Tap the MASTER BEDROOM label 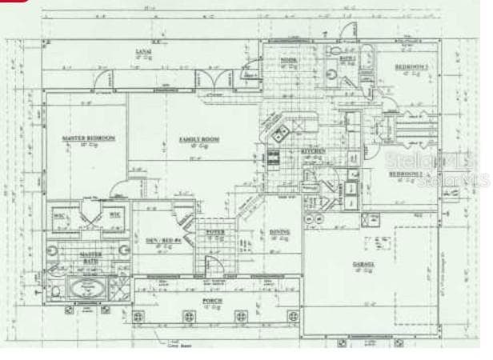pyautogui.click(x=88, y=138)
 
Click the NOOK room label pyautogui.click(x=289, y=62)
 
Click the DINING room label pyautogui.click(x=279, y=232)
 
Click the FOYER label pyautogui.click(x=215, y=232)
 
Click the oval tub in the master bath pyautogui.click(x=88, y=286)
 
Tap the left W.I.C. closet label pyautogui.click(x=58, y=215)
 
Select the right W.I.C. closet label pyautogui.click(x=114, y=215)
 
